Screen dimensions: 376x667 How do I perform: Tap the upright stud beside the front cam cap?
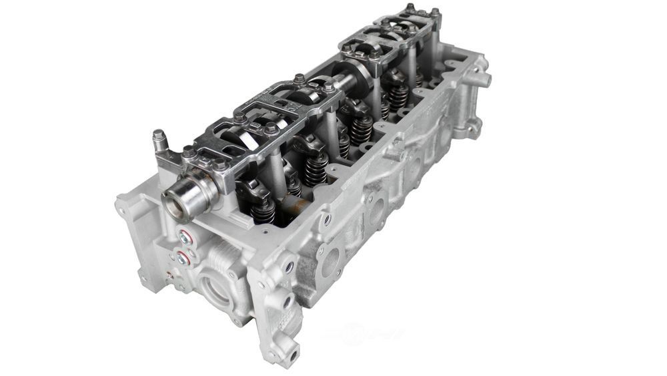(159, 142)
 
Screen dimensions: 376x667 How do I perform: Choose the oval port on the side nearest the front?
(329, 260)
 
